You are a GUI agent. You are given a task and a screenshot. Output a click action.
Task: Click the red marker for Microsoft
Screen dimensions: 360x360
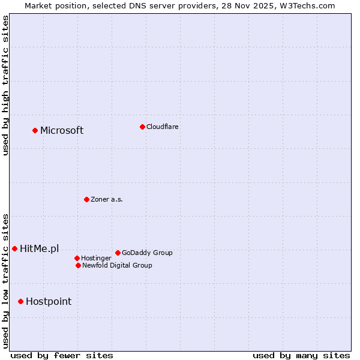pos(35,130)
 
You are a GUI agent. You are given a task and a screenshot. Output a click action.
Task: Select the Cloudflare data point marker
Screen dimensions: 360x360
pos(142,127)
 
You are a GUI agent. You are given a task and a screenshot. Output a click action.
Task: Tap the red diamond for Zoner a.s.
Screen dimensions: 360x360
pos(86,199)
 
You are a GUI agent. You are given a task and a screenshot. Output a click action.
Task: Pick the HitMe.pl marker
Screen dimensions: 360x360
pos(14,248)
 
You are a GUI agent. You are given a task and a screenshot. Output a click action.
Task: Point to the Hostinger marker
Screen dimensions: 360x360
pos(77,258)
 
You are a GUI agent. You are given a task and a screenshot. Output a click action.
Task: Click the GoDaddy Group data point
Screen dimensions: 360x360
pos(118,253)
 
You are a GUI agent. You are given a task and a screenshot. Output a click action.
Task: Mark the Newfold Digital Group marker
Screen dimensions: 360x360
pos(78,265)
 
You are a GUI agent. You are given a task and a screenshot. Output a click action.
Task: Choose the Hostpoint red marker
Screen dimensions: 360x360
pos(20,301)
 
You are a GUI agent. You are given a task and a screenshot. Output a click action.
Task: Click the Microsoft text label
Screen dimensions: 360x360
pos(62,131)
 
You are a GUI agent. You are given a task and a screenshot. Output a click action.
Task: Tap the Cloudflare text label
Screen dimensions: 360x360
pos(162,127)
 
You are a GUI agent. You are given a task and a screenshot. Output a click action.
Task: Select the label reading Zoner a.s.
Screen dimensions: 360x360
pos(107,199)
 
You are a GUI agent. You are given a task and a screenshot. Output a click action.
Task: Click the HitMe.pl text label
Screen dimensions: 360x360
pos(39,249)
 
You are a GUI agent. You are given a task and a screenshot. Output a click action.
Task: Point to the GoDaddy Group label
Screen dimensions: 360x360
pos(147,253)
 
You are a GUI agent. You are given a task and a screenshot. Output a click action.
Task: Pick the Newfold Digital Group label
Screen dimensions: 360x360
pos(117,265)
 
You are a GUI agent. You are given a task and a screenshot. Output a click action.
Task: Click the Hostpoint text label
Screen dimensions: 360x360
pos(48,302)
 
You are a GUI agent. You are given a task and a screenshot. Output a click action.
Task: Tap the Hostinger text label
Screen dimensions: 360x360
pos(96,258)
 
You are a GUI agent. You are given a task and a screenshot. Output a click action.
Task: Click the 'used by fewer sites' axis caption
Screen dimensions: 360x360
pos(62,355)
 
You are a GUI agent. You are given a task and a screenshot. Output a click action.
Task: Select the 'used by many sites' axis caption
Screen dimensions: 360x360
pos(301,355)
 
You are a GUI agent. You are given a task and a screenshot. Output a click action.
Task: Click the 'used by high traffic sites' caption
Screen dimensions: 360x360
pos(5,85)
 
